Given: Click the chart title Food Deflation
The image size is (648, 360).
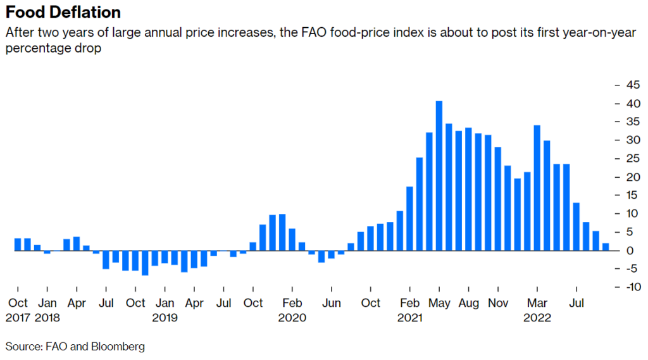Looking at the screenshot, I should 63,13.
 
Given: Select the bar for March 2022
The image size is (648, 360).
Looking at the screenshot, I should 537,188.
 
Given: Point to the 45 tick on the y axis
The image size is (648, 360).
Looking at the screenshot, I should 630,85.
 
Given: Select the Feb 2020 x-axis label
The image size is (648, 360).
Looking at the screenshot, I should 292,310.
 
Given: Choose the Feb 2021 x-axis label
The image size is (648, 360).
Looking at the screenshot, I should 410,310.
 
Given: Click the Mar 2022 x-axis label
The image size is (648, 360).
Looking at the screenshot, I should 537,310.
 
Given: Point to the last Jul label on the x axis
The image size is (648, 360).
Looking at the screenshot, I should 576,303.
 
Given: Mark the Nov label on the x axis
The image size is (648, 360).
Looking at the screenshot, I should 498,303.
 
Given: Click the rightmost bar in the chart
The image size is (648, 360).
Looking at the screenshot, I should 606,247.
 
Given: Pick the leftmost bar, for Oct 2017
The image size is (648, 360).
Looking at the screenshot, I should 18,244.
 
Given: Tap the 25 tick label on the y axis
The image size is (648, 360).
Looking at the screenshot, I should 630,159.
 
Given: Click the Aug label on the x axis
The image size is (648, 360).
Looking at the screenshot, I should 469,303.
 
